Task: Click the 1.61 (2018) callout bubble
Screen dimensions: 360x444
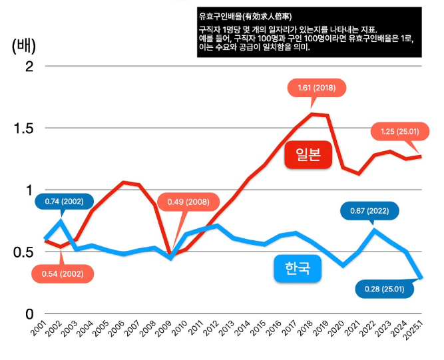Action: [316, 88]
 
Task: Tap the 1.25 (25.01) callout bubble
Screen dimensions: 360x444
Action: [399, 132]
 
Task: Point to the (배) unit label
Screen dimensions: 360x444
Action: [24, 46]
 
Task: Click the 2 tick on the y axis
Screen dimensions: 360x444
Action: [29, 67]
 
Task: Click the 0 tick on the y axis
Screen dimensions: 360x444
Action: [29, 313]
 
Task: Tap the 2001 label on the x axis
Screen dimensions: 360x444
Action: [39, 327]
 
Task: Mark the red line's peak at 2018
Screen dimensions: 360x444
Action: [312, 114]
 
